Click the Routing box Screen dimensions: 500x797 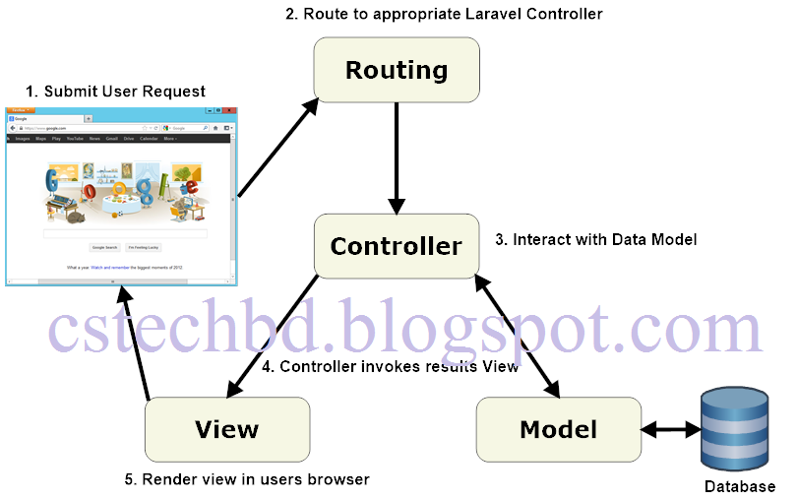click(396, 70)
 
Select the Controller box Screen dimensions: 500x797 click(396, 245)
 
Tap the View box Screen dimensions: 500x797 click(226, 429)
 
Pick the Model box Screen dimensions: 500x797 click(558, 429)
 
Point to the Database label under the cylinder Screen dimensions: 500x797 click(739, 486)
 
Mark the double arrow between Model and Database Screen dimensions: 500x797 click(669, 430)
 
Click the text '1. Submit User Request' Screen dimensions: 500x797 click(115, 92)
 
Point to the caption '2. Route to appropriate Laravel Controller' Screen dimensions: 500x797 click(443, 14)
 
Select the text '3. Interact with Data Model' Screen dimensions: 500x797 click(595, 239)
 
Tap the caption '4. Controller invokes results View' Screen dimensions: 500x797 click(390, 367)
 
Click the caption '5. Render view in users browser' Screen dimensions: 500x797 click(246, 479)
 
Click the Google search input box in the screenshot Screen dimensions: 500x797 click(124, 234)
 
